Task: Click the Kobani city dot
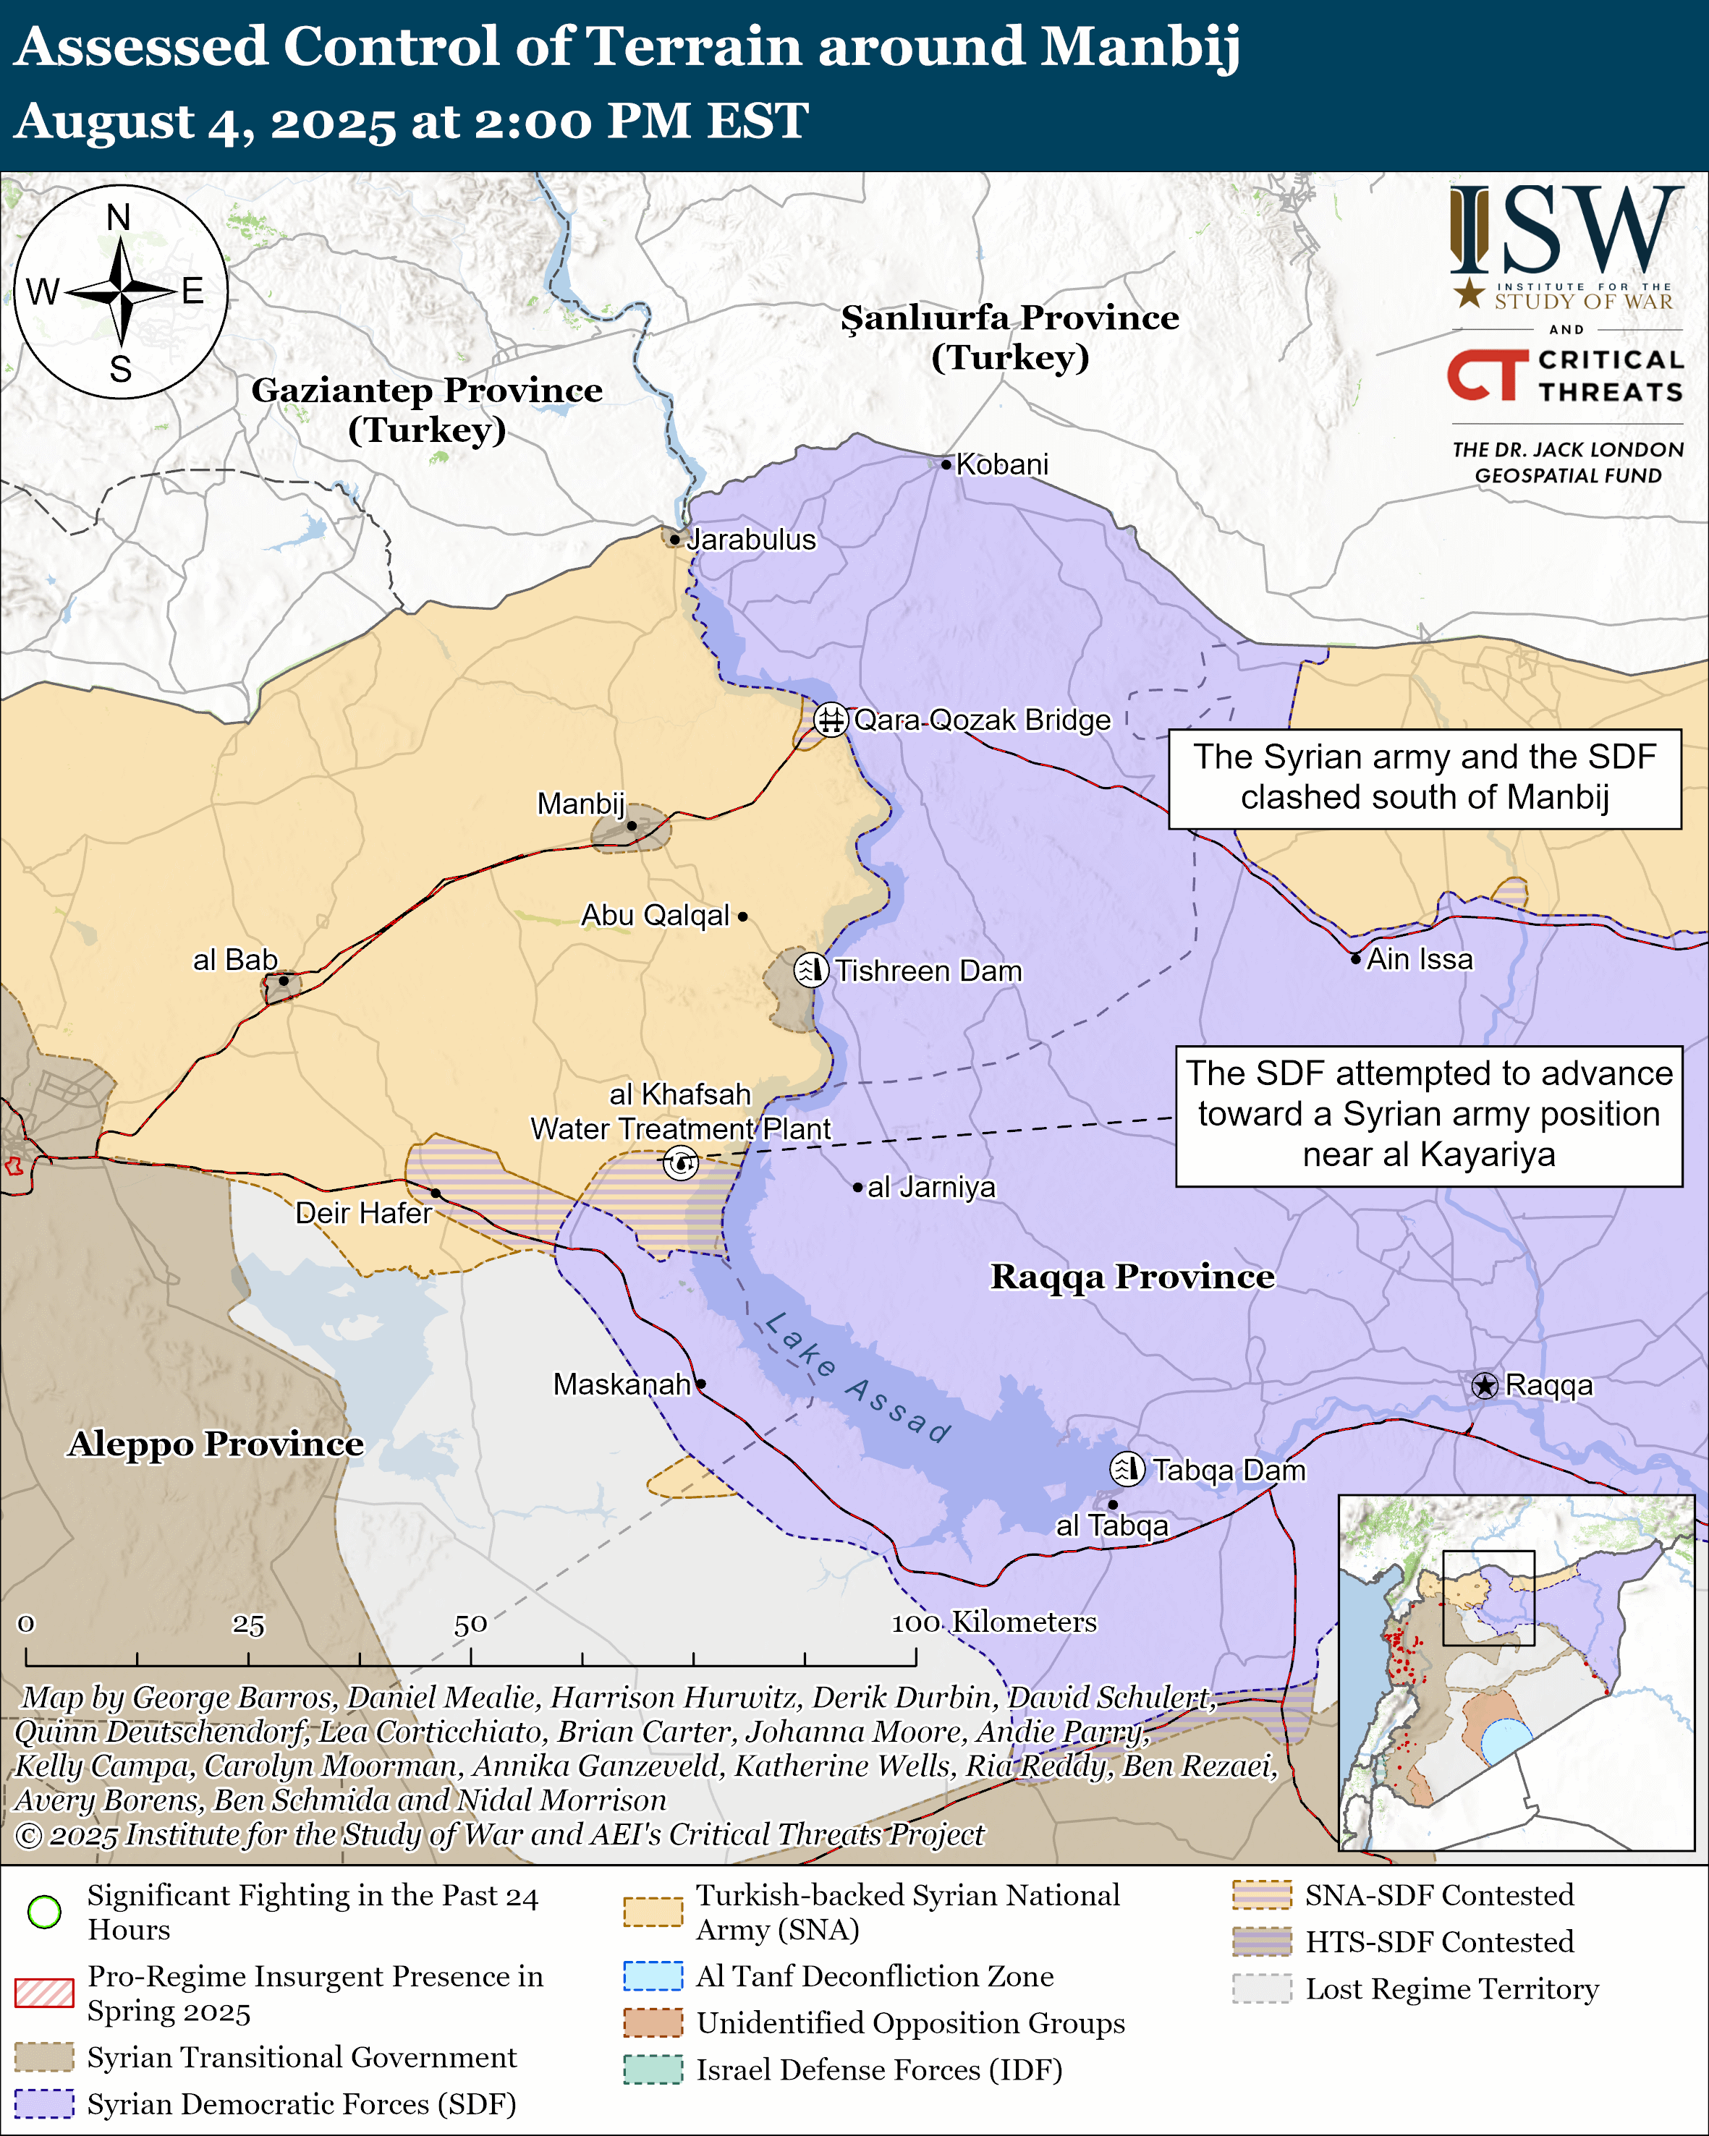(x=946, y=464)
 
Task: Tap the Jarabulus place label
(x=751, y=540)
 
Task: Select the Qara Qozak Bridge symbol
(x=830, y=719)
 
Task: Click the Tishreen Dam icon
(x=810, y=969)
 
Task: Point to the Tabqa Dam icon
(x=1127, y=1468)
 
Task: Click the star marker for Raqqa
(x=1483, y=1385)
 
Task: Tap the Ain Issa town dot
(x=1355, y=958)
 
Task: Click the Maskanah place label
(x=622, y=1384)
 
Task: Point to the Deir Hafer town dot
(x=436, y=1193)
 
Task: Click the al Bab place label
(x=235, y=960)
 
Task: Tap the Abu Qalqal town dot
(x=742, y=916)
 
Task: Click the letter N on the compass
(x=119, y=217)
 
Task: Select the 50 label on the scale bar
(x=470, y=1623)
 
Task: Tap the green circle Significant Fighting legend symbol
(x=45, y=1911)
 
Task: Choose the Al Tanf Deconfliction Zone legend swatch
(x=653, y=1975)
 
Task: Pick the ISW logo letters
(x=1565, y=230)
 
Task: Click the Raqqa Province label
(x=1132, y=1276)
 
